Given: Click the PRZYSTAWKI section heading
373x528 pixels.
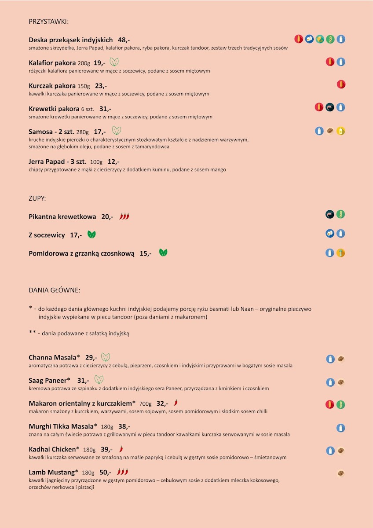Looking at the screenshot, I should [x=48, y=21].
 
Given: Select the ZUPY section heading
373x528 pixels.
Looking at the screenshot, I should [x=37, y=198].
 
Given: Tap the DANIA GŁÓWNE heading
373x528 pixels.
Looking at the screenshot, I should [x=55, y=290].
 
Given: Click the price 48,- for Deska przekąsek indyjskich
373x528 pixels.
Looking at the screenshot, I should [x=124, y=40].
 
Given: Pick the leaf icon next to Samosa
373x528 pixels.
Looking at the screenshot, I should [x=117, y=131].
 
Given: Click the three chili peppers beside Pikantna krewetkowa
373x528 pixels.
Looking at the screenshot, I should [x=124, y=216].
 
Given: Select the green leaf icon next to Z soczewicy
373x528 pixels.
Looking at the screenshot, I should [x=91, y=235].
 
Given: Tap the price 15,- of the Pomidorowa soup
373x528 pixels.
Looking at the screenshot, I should [x=146, y=253].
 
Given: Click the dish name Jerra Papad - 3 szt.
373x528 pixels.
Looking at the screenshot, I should [x=58, y=161].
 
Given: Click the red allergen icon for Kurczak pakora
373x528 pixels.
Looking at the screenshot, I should [x=341, y=84].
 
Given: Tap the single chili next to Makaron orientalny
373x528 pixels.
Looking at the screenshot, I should [x=176, y=403].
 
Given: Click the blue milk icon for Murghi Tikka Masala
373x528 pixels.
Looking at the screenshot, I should [x=340, y=428].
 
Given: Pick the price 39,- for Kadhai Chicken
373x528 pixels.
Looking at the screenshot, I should [x=107, y=449].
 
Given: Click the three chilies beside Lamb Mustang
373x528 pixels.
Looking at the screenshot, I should [x=122, y=472].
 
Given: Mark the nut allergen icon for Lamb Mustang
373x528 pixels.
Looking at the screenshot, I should [x=340, y=473].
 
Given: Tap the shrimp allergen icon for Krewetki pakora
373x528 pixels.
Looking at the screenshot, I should [x=330, y=107].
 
